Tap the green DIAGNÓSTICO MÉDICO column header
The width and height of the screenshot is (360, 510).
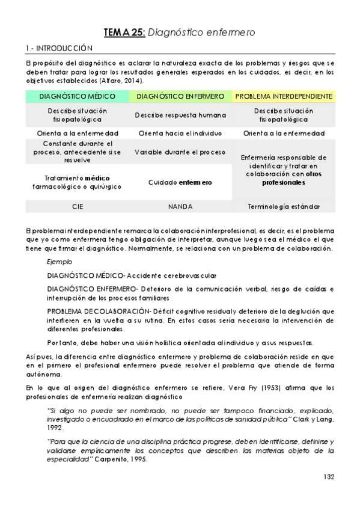point(77,96)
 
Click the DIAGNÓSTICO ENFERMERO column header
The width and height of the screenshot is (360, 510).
point(180,96)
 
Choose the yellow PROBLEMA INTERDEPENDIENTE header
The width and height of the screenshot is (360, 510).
point(284,96)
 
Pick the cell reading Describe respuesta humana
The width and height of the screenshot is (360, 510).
point(180,115)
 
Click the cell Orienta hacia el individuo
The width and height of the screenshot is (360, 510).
point(180,133)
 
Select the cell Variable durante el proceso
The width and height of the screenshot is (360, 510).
point(180,152)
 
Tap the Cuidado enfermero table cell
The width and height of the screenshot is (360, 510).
point(180,182)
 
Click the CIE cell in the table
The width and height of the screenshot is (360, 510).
point(77,206)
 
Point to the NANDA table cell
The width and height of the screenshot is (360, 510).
point(180,206)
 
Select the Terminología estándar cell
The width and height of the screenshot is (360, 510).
point(284,206)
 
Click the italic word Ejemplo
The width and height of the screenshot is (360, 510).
point(59,262)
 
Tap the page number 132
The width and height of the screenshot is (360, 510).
point(328,476)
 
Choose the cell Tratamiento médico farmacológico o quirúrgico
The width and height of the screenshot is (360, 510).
point(77,182)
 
